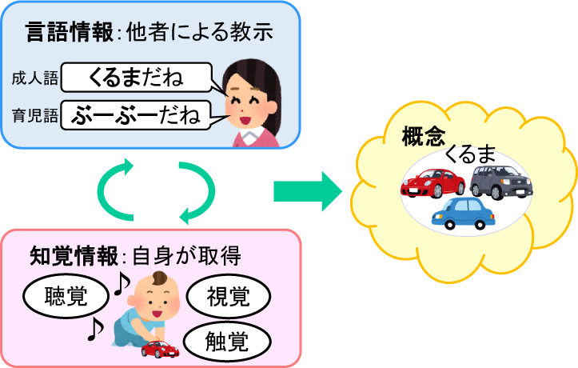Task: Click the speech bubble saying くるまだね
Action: click(136, 78)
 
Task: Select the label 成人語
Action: click(34, 79)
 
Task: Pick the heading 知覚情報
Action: click(72, 257)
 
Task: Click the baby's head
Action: click(155, 294)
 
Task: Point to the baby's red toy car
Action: click(160, 348)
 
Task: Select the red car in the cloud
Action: click(433, 183)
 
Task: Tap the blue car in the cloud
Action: click(463, 214)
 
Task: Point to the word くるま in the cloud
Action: click(471, 153)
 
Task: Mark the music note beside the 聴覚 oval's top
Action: click(121, 282)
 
